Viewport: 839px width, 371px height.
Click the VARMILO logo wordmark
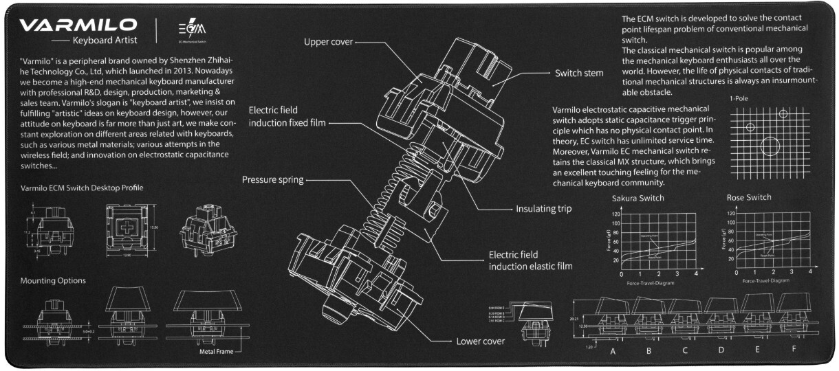point(78,25)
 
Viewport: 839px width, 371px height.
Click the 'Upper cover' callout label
point(328,42)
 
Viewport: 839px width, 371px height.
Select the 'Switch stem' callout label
point(580,73)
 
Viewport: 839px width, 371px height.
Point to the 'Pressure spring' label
point(272,180)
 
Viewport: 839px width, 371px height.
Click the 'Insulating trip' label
point(544,208)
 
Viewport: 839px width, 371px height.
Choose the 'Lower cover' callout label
point(481,341)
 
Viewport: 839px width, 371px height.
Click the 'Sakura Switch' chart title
point(638,199)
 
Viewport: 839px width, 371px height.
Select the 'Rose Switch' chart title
point(749,198)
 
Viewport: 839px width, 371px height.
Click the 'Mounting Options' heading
point(53,281)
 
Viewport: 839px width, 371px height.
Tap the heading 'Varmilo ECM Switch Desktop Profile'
point(82,187)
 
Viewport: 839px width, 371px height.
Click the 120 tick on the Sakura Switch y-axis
point(615,214)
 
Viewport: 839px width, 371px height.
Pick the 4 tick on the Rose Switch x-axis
point(810,273)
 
